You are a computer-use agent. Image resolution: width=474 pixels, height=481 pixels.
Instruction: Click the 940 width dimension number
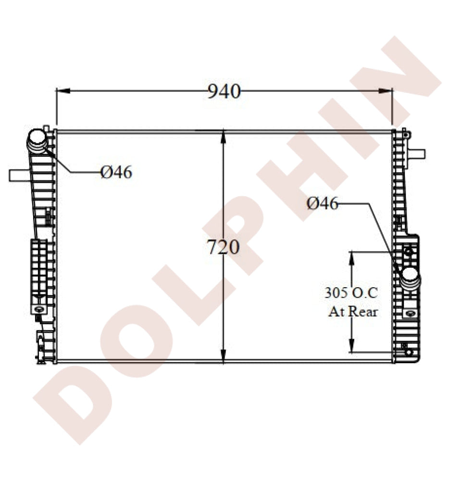coord(224,91)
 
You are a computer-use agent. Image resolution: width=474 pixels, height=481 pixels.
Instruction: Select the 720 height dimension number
coord(223,247)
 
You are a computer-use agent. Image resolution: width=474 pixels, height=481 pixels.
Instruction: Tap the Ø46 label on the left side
coord(116,172)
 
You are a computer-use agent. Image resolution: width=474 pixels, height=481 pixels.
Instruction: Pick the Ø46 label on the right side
coord(323,204)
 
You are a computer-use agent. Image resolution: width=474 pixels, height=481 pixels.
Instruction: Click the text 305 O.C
coord(351,292)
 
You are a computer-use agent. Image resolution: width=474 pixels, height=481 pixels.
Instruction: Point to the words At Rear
coord(353,312)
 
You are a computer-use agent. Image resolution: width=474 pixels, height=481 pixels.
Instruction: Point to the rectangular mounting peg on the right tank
coord(417,154)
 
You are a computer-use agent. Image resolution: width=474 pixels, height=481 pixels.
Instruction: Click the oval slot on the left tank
coord(38,309)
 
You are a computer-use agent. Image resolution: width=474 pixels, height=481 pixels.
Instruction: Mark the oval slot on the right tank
coord(410,313)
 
